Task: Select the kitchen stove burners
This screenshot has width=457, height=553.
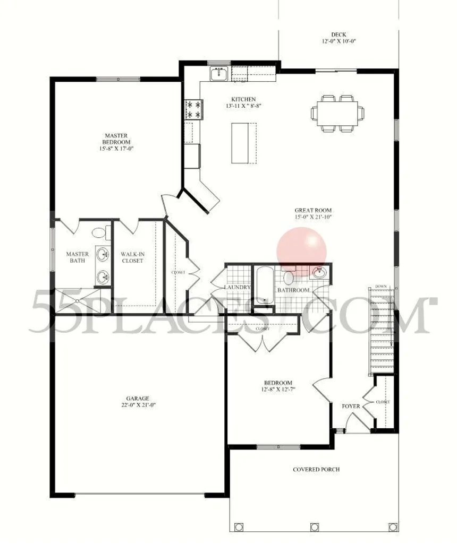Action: tap(192, 109)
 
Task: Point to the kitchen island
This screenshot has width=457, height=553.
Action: tap(244, 143)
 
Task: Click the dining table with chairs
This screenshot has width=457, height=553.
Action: tap(338, 113)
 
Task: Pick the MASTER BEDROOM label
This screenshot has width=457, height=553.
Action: tap(116, 139)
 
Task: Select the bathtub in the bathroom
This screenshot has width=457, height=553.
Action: tap(264, 286)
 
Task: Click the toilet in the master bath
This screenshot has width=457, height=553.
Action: tap(100, 232)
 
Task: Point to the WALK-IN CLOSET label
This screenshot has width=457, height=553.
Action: tap(132, 257)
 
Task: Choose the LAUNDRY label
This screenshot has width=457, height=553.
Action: tap(237, 288)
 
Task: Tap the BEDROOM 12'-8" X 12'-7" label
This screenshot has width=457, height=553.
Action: tap(278, 386)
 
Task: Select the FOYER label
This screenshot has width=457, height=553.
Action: tap(351, 407)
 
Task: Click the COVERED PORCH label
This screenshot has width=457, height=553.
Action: tap(316, 470)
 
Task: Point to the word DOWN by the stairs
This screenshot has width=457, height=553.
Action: tap(380, 287)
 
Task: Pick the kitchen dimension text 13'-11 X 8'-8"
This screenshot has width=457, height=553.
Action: tap(243, 106)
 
